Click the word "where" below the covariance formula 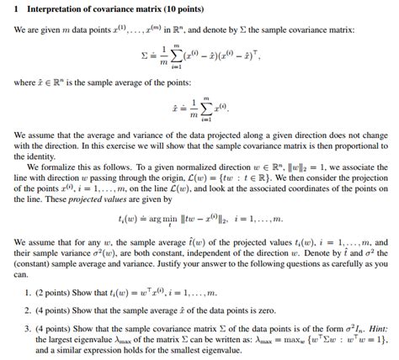click(x=24, y=84)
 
